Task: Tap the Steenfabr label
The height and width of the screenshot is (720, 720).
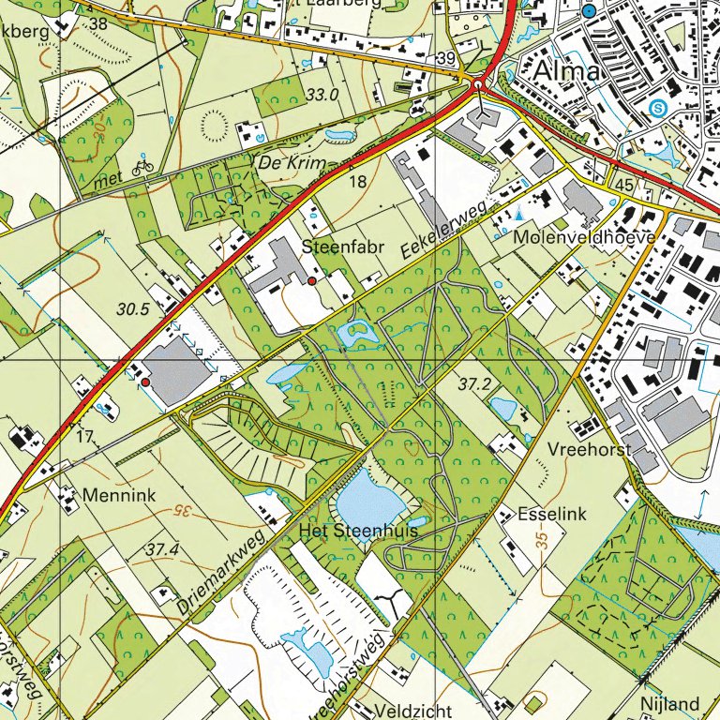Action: tap(337, 247)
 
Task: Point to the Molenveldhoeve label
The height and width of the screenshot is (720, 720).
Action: tap(584, 238)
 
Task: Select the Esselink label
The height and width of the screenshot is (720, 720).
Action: tap(552, 515)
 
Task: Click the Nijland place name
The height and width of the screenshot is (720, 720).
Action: tap(670, 703)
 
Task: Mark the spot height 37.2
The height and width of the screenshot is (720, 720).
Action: tap(475, 384)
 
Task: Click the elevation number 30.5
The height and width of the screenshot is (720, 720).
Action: tap(134, 307)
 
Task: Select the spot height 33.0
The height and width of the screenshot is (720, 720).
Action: tap(322, 95)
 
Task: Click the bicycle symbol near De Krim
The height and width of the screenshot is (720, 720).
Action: tap(142, 167)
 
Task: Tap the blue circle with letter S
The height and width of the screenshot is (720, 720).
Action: tap(659, 109)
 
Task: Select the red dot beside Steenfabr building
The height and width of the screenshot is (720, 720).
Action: tap(312, 280)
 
